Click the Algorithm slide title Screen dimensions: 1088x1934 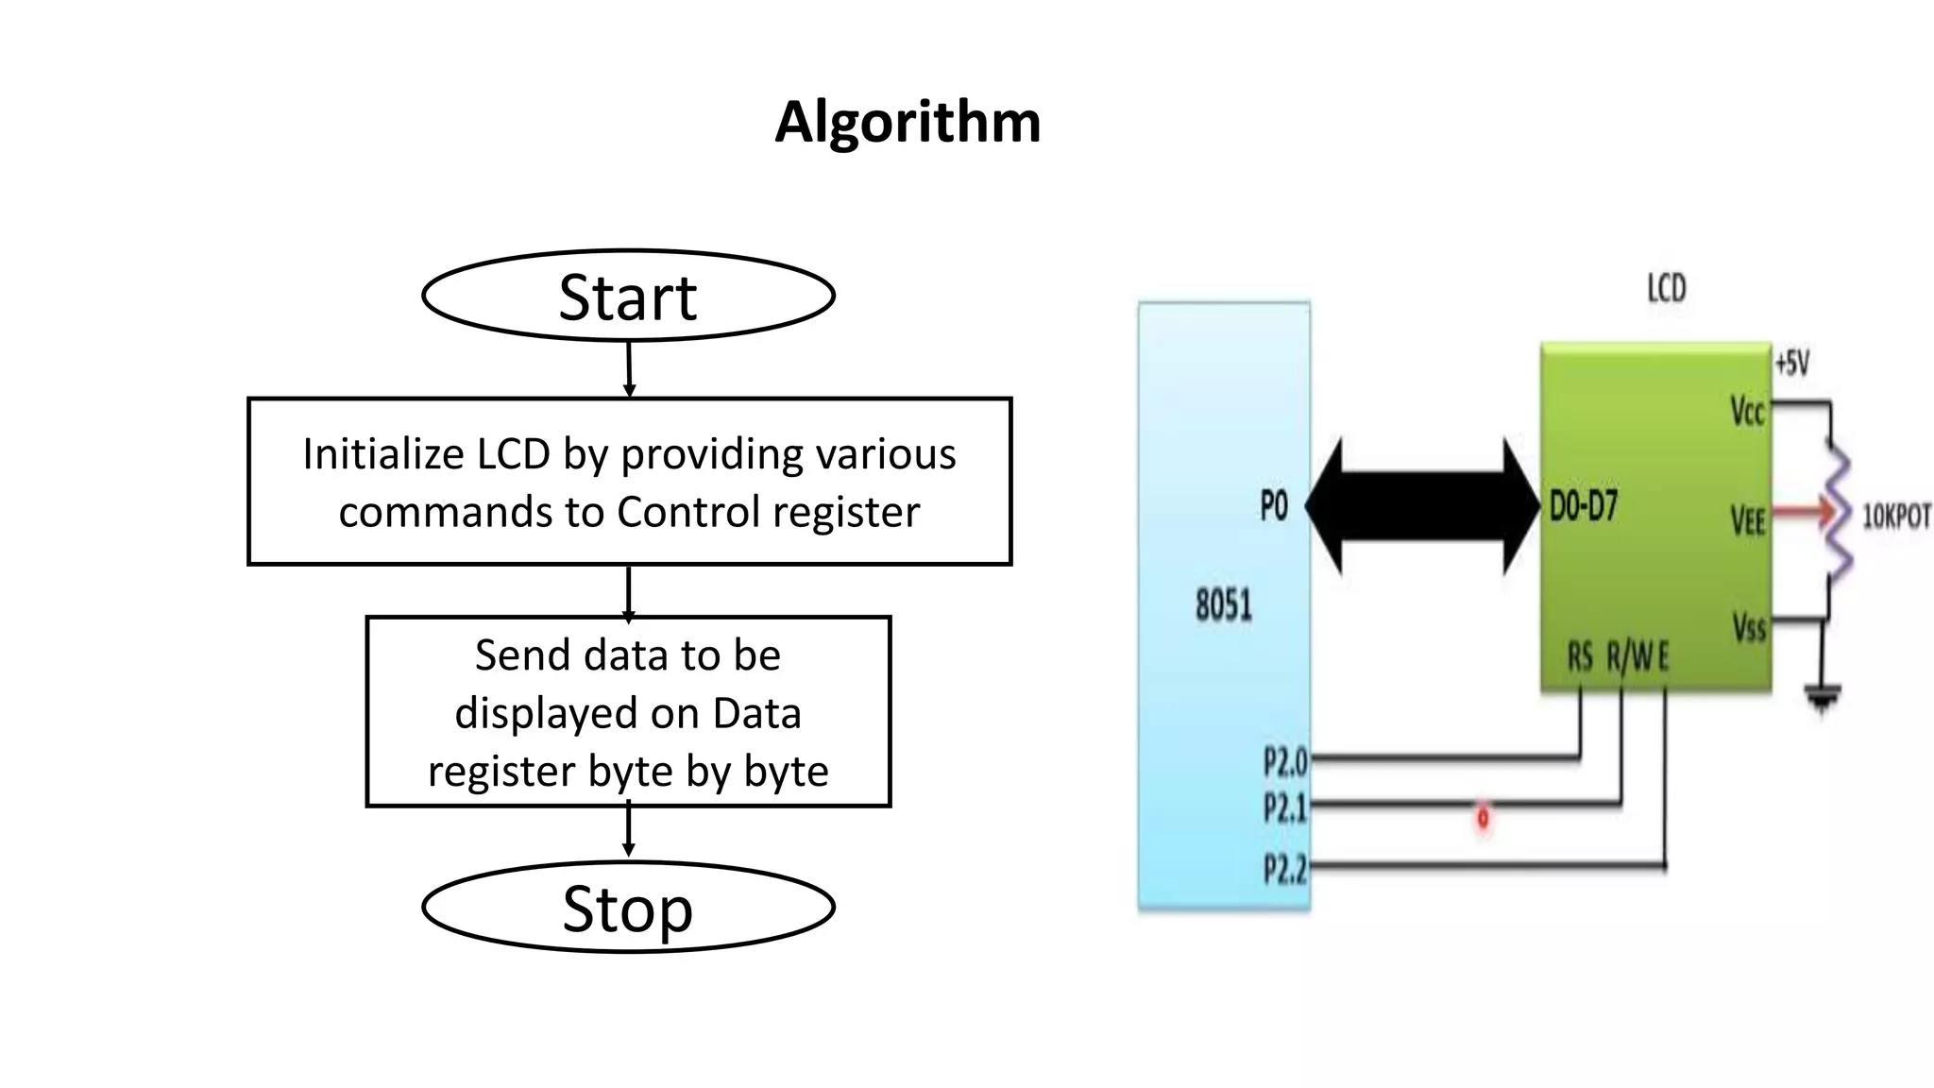[908, 122]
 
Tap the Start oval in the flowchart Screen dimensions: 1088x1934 [628, 296]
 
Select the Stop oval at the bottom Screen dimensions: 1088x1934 [628, 908]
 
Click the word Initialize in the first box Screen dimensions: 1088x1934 [382, 454]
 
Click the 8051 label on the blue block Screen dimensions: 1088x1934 [1224, 605]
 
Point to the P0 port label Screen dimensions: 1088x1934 [1274, 507]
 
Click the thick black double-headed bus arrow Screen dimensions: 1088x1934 [1422, 506]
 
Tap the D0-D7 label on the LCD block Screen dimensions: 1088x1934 [1584, 506]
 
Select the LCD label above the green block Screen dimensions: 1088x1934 [1667, 288]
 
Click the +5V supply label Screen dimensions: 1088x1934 [1791, 363]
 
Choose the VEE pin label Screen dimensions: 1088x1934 [1748, 520]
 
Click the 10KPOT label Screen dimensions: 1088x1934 [1895, 517]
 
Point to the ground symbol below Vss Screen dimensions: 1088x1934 [1823, 700]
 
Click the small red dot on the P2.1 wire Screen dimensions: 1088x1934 [1483, 816]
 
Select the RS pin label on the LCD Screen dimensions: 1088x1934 [1580, 656]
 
